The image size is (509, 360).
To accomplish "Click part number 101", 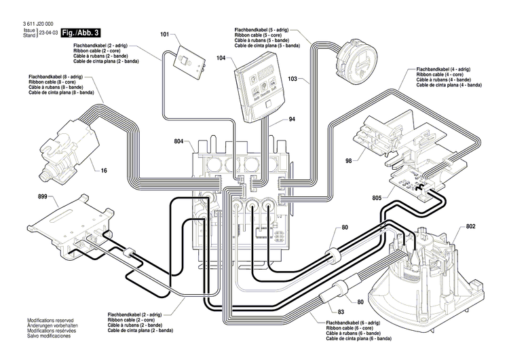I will (165, 34).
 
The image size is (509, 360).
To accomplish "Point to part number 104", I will (221, 59).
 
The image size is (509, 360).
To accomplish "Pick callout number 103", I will (293, 79).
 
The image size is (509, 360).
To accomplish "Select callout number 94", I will (272, 119).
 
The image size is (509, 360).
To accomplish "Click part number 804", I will (179, 141).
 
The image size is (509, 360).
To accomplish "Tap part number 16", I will (105, 171).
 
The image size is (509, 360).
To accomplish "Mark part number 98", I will (348, 160).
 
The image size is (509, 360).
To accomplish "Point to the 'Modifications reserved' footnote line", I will (50, 319).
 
